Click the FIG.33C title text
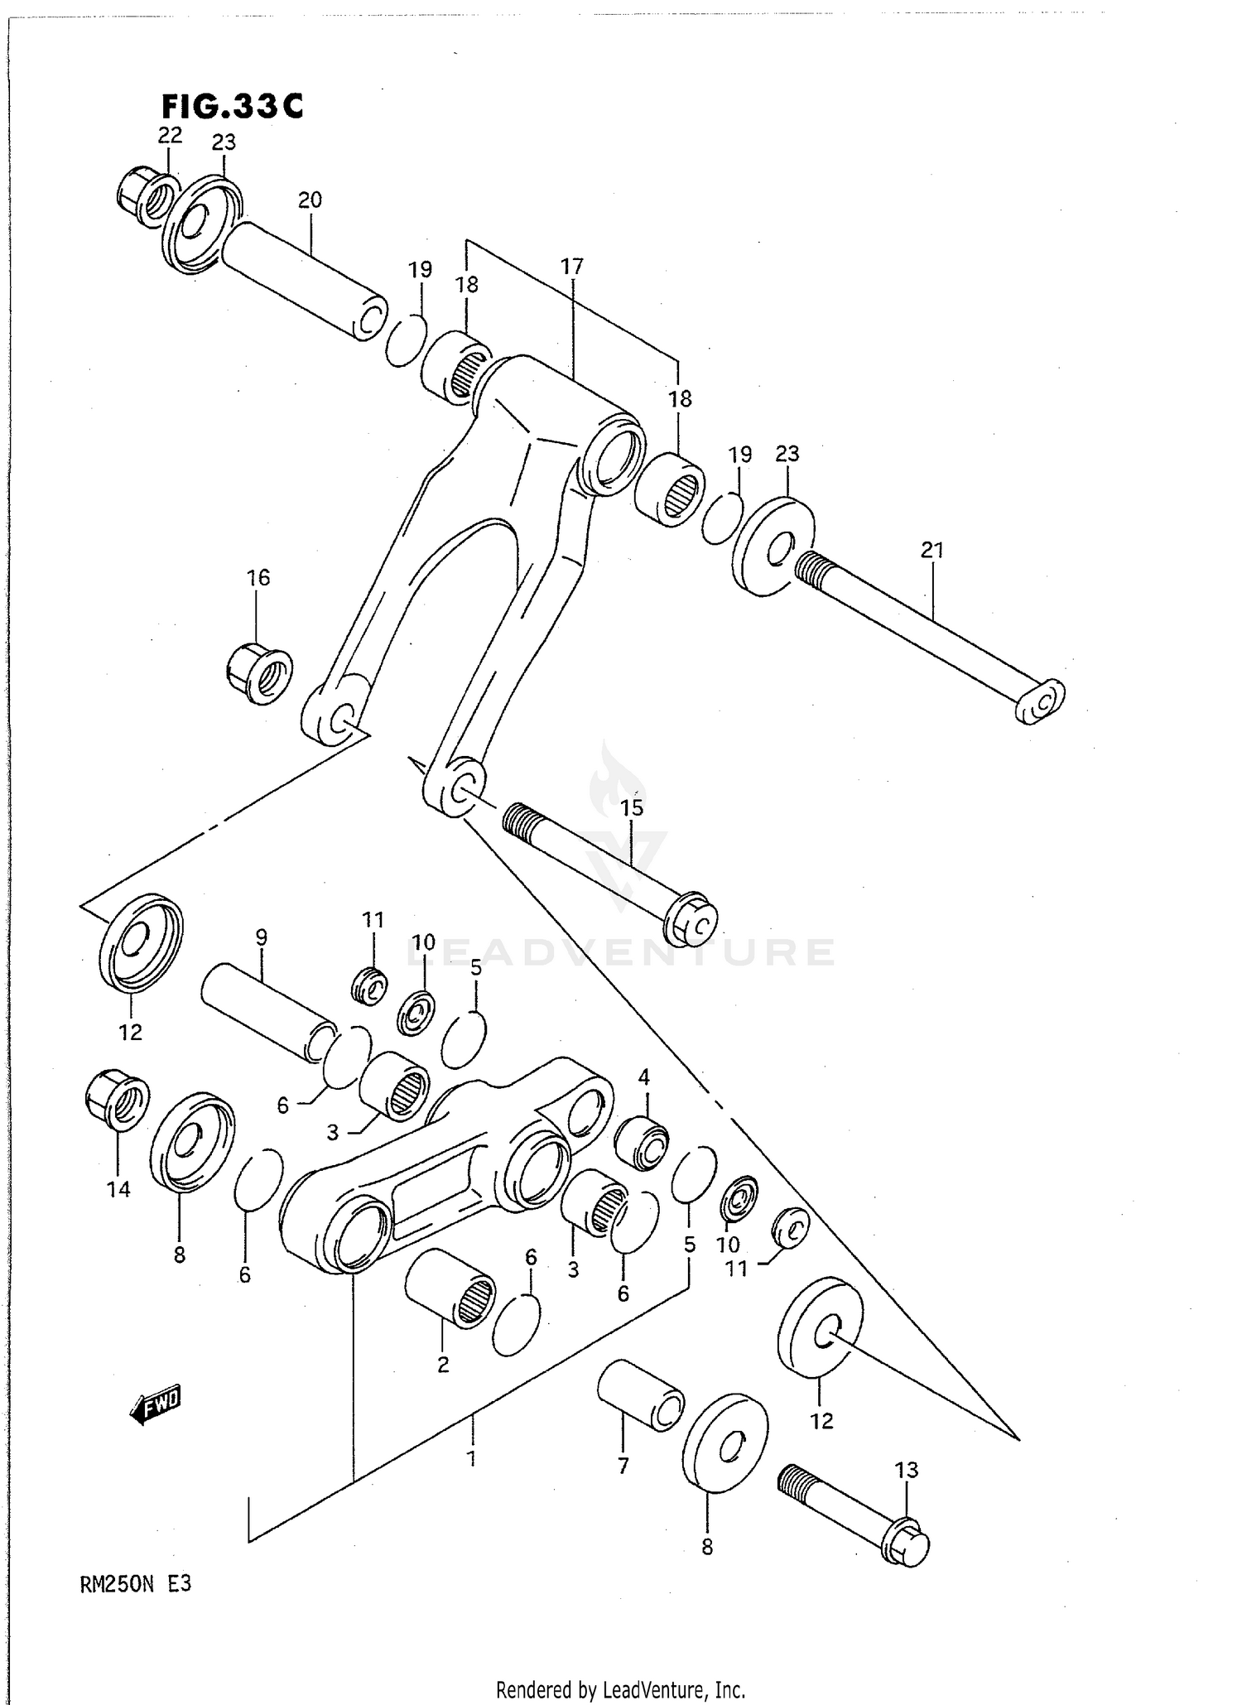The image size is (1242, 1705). click(x=232, y=106)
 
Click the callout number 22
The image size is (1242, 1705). click(x=170, y=135)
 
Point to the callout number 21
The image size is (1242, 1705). click(x=931, y=550)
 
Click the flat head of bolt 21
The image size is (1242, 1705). click(x=1041, y=701)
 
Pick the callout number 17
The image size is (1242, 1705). click(x=572, y=267)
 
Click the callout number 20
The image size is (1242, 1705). click(x=310, y=200)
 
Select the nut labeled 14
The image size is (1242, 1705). click(x=117, y=1099)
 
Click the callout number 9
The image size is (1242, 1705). click(x=261, y=938)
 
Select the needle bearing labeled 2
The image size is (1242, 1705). click(x=450, y=1297)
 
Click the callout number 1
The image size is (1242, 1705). click(x=471, y=1458)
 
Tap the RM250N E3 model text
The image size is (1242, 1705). click(x=136, y=1585)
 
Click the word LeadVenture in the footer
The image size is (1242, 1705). click(x=669, y=1689)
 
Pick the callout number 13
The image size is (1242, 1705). click(x=907, y=1471)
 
